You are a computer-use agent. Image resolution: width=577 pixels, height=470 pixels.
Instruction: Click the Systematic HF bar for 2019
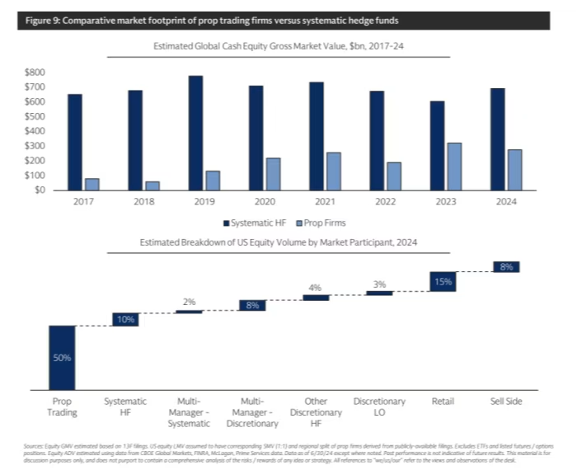pyautogui.click(x=195, y=133)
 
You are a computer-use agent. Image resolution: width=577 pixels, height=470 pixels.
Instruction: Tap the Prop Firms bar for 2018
pyautogui.click(x=152, y=186)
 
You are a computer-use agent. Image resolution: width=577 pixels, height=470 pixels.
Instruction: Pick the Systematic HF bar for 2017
pyautogui.click(x=75, y=142)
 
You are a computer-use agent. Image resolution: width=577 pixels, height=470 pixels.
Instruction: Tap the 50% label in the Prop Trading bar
pyautogui.click(x=63, y=358)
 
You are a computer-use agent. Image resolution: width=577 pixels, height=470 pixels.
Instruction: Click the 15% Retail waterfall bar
pyautogui.click(x=443, y=282)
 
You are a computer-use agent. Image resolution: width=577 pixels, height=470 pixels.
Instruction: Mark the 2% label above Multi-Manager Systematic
pyautogui.click(x=189, y=302)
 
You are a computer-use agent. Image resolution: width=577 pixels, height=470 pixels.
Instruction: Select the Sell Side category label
pyautogui.click(x=505, y=402)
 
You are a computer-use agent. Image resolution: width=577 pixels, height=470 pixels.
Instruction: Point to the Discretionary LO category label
pyautogui.click(x=379, y=407)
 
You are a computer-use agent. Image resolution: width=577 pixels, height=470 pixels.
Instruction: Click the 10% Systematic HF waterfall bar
pyautogui.click(x=125, y=319)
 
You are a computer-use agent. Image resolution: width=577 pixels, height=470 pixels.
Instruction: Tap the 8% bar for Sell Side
pyautogui.click(x=505, y=266)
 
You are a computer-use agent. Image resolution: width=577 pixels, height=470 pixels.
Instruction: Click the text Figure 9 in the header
pyautogui.click(x=40, y=20)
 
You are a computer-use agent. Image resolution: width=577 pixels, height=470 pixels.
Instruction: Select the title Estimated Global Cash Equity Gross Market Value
pyautogui.click(x=283, y=48)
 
